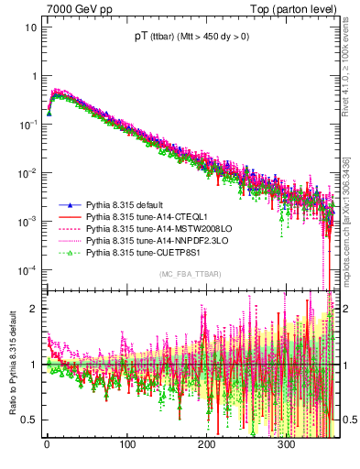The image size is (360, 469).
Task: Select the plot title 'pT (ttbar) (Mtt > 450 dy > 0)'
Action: click(x=191, y=37)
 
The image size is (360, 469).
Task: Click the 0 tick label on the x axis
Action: click(x=48, y=444)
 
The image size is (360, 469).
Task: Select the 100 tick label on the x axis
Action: click(x=127, y=444)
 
